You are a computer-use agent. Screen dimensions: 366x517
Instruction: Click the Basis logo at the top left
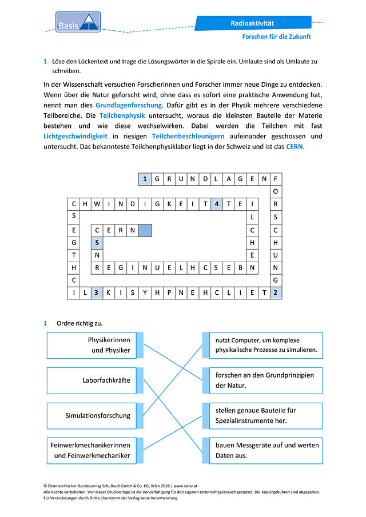(x=78, y=22)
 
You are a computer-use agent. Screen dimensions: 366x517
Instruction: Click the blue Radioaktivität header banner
(x=253, y=23)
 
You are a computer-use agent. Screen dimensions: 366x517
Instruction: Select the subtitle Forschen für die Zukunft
(x=277, y=37)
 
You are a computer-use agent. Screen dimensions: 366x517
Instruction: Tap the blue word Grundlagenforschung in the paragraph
(x=129, y=105)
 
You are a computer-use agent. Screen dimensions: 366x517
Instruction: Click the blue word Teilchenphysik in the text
(x=122, y=115)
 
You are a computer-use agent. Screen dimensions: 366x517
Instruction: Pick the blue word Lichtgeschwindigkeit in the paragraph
(x=75, y=136)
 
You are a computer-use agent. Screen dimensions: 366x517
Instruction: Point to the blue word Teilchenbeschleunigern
(x=188, y=136)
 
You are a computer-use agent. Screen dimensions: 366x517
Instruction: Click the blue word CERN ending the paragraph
(x=295, y=146)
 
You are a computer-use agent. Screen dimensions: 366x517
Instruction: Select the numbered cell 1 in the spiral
(x=145, y=179)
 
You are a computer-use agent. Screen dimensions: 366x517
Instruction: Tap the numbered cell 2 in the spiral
(x=276, y=292)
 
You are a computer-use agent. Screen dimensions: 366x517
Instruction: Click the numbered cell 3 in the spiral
(x=97, y=292)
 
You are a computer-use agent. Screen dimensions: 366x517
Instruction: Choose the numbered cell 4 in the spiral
(x=217, y=204)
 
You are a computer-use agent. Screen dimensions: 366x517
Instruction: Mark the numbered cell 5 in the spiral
(x=97, y=243)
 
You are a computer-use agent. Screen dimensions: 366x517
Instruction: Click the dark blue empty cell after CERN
(x=145, y=230)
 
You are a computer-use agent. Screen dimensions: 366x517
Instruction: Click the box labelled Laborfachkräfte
(x=91, y=380)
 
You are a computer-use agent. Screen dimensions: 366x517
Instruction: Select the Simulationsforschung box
(x=91, y=416)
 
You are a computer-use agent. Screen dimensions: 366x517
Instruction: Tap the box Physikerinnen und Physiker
(x=91, y=345)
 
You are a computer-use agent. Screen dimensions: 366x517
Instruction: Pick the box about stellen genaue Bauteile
(x=266, y=416)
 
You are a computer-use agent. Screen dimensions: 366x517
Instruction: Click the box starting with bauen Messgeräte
(x=266, y=451)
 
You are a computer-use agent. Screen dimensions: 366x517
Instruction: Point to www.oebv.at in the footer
(x=185, y=486)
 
